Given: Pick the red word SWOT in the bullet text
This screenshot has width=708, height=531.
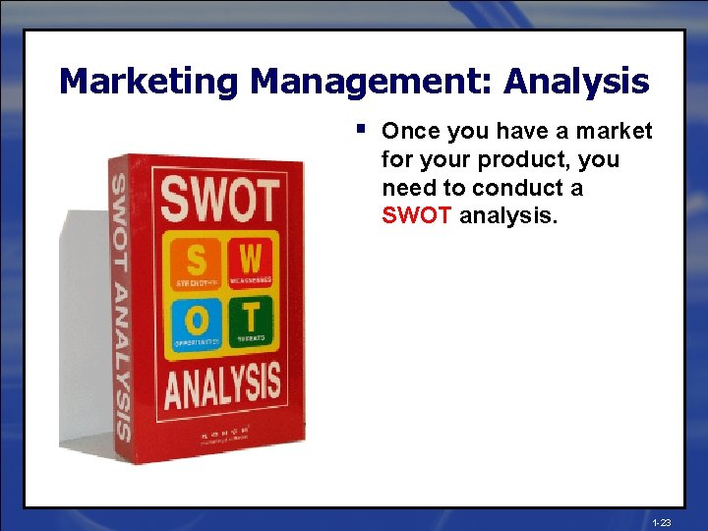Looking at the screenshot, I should tap(418, 214).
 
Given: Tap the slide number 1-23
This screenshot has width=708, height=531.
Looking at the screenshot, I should tap(661, 523).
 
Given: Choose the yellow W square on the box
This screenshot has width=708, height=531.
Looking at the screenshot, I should tap(251, 261).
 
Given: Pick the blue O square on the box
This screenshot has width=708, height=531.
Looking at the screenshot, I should tap(199, 322).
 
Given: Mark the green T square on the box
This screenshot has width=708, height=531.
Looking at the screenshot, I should tap(253, 320).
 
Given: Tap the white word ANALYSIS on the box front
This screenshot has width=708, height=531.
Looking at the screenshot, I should tap(222, 385).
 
